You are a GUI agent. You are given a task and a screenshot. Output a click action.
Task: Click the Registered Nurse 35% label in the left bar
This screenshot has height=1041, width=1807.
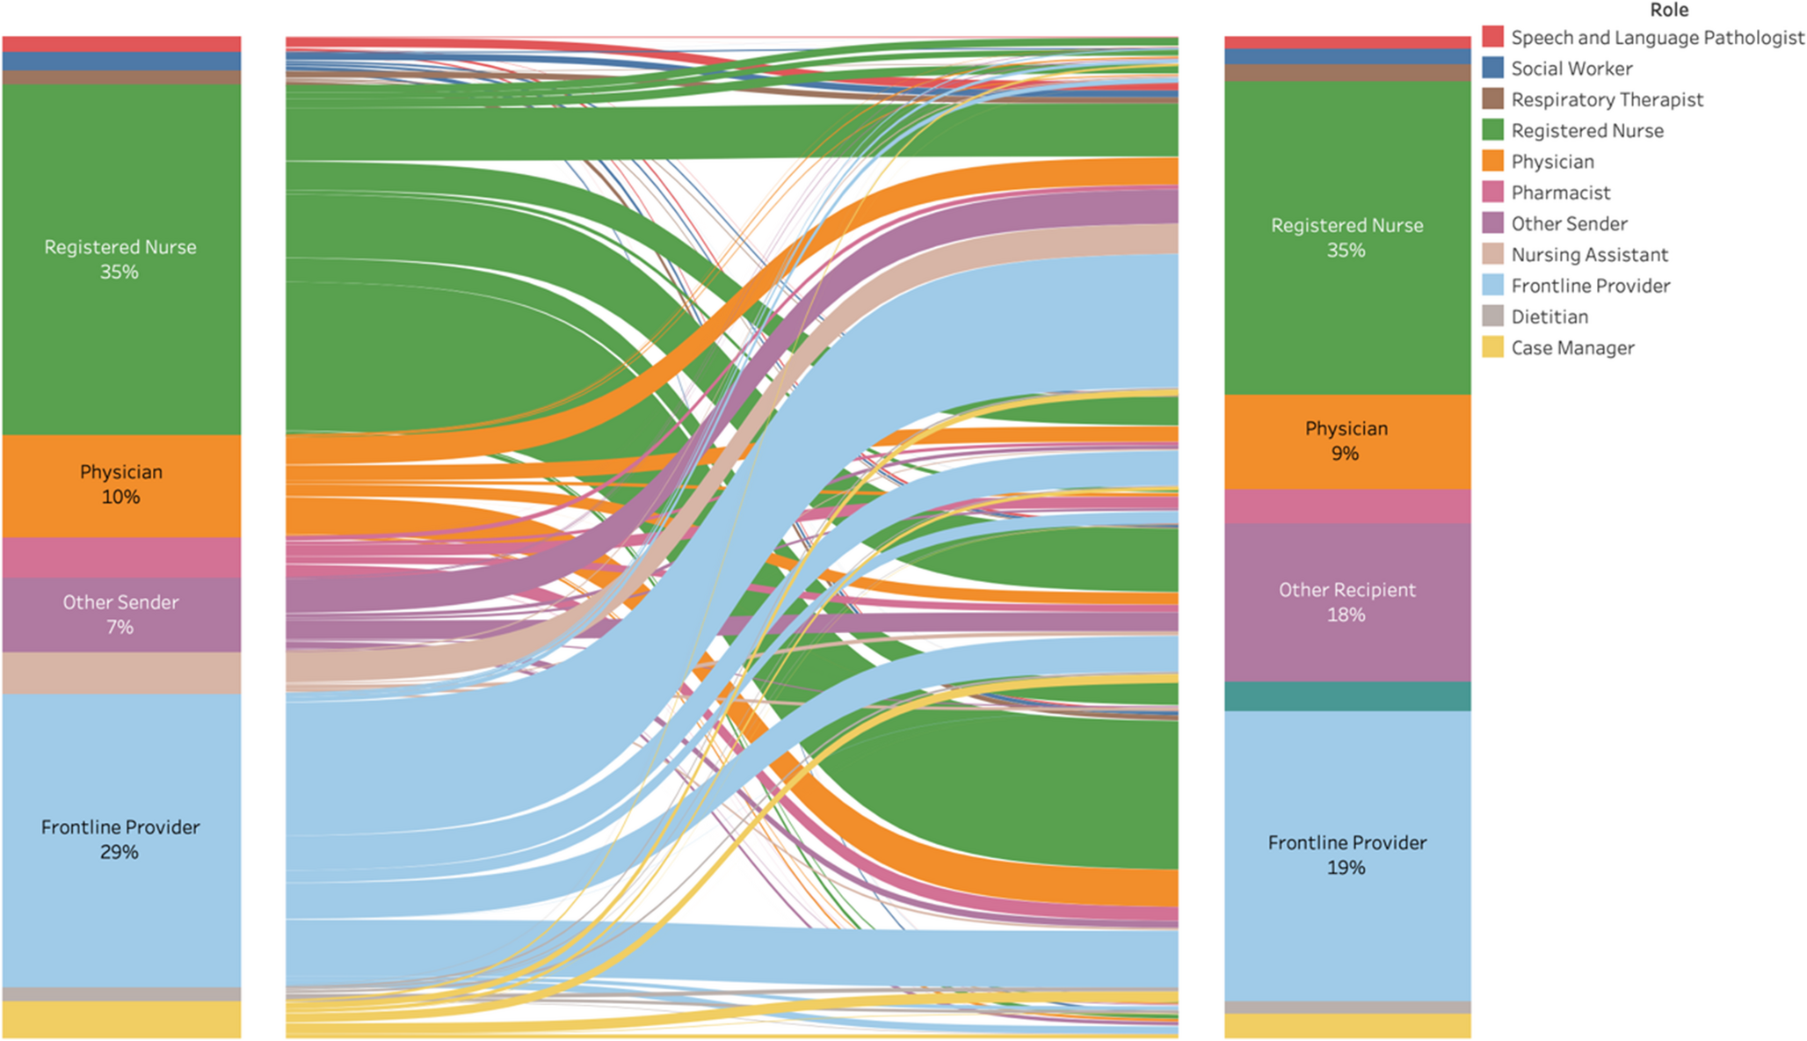click(120, 259)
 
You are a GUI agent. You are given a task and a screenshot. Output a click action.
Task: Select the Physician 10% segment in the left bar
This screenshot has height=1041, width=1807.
click(120, 484)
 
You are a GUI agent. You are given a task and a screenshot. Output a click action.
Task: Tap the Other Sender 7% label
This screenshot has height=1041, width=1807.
click(120, 615)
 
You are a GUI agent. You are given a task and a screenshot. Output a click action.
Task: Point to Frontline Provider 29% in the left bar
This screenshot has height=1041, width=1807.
click(120, 840)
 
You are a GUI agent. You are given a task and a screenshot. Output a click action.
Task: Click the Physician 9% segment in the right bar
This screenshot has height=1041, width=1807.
click(1346, 441)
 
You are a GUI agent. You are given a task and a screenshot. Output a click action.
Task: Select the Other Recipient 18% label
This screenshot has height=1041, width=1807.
click(1346, 602)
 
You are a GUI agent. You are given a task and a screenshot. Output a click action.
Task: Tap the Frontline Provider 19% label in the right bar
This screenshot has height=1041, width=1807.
click(1346, 855)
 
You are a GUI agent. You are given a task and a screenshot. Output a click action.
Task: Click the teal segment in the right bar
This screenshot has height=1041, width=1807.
click(1346, 696)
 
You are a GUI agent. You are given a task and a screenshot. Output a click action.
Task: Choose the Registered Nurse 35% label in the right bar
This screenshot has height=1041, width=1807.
click(1346, 237)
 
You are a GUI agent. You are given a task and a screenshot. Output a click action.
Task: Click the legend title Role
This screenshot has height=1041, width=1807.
click(1668, 11)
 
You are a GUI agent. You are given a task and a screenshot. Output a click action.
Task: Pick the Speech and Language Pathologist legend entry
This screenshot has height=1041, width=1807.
click(1657, 38)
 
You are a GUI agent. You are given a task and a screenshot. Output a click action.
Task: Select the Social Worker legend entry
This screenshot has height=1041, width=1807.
click(1571, 69)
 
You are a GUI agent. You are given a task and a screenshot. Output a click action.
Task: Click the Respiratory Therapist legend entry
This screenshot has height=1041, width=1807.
click(1607, 99)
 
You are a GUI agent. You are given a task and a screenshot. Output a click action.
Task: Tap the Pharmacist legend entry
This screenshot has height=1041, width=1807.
click(1560, 193)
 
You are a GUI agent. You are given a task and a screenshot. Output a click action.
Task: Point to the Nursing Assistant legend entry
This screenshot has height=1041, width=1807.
click(1589, 255)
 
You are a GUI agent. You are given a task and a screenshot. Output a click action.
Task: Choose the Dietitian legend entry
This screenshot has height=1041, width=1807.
click(1549, 317)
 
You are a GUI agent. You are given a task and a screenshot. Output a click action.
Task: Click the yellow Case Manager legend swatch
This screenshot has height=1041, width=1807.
click(1492, 347)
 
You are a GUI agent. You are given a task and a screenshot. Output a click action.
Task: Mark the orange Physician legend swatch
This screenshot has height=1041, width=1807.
click(1492, 161)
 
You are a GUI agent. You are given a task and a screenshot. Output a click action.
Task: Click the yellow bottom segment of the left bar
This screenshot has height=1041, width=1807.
click(120, 1020)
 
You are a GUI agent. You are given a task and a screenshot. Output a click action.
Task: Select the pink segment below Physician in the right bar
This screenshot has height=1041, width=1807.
click(1346, 506)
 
